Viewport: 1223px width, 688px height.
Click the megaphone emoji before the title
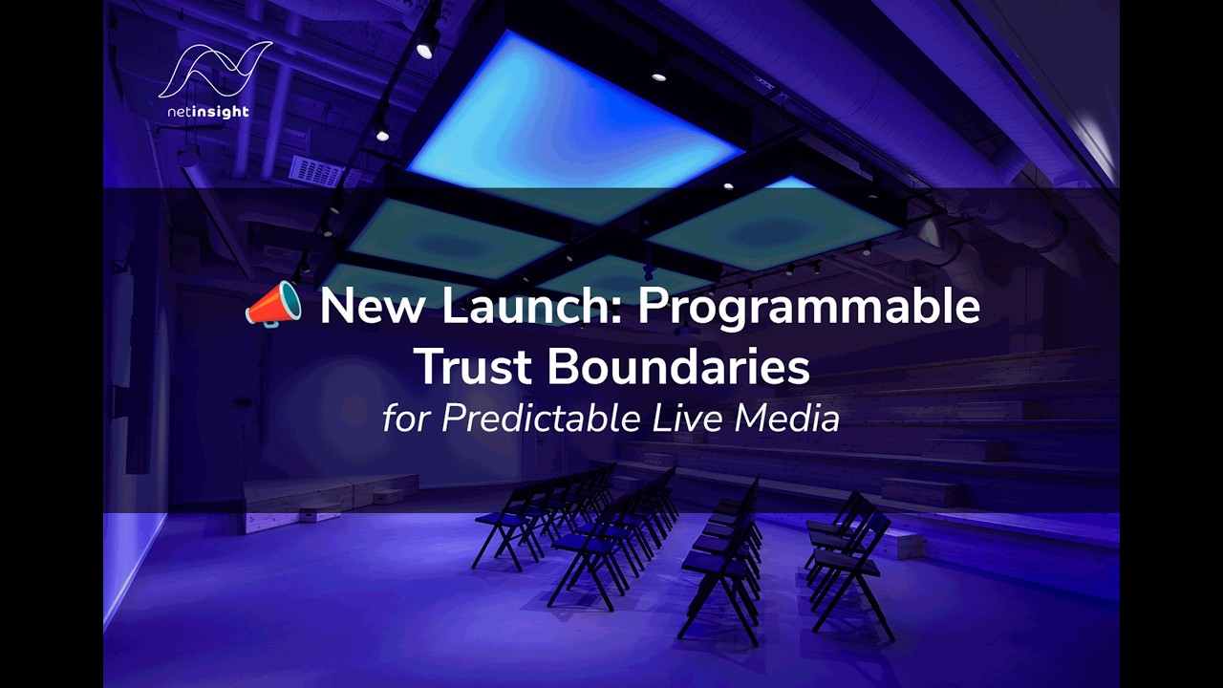coord(273,306)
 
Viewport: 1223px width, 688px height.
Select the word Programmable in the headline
coord(808,307)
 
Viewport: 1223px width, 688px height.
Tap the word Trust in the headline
coord(472,367)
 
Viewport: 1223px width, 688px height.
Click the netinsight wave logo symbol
coord(214,69)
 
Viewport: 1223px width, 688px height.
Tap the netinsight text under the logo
coord(207,112)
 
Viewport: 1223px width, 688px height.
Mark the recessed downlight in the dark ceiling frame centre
coord(659,75)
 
